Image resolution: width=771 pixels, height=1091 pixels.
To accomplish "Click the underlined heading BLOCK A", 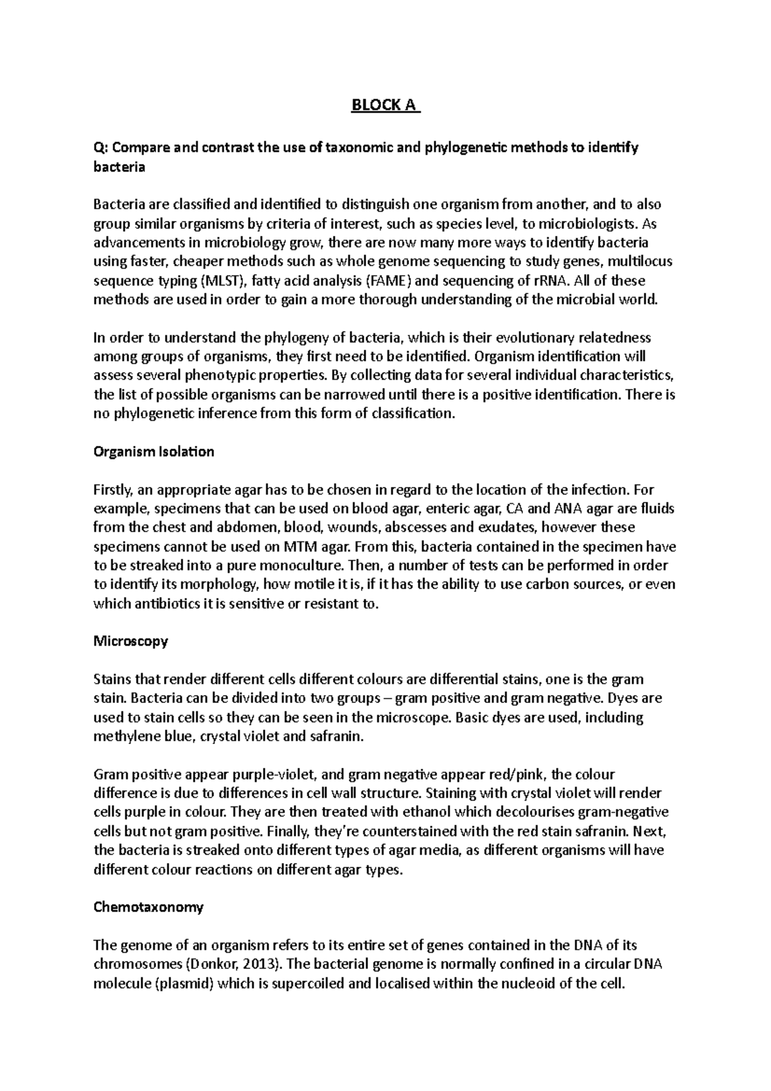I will tap(385, 104).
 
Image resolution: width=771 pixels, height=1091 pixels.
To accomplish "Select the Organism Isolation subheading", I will tap(154, 452).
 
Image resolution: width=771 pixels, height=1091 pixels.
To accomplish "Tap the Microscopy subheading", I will tap(130, 641).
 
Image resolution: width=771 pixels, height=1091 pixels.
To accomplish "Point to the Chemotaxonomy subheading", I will tap(148, 907).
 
